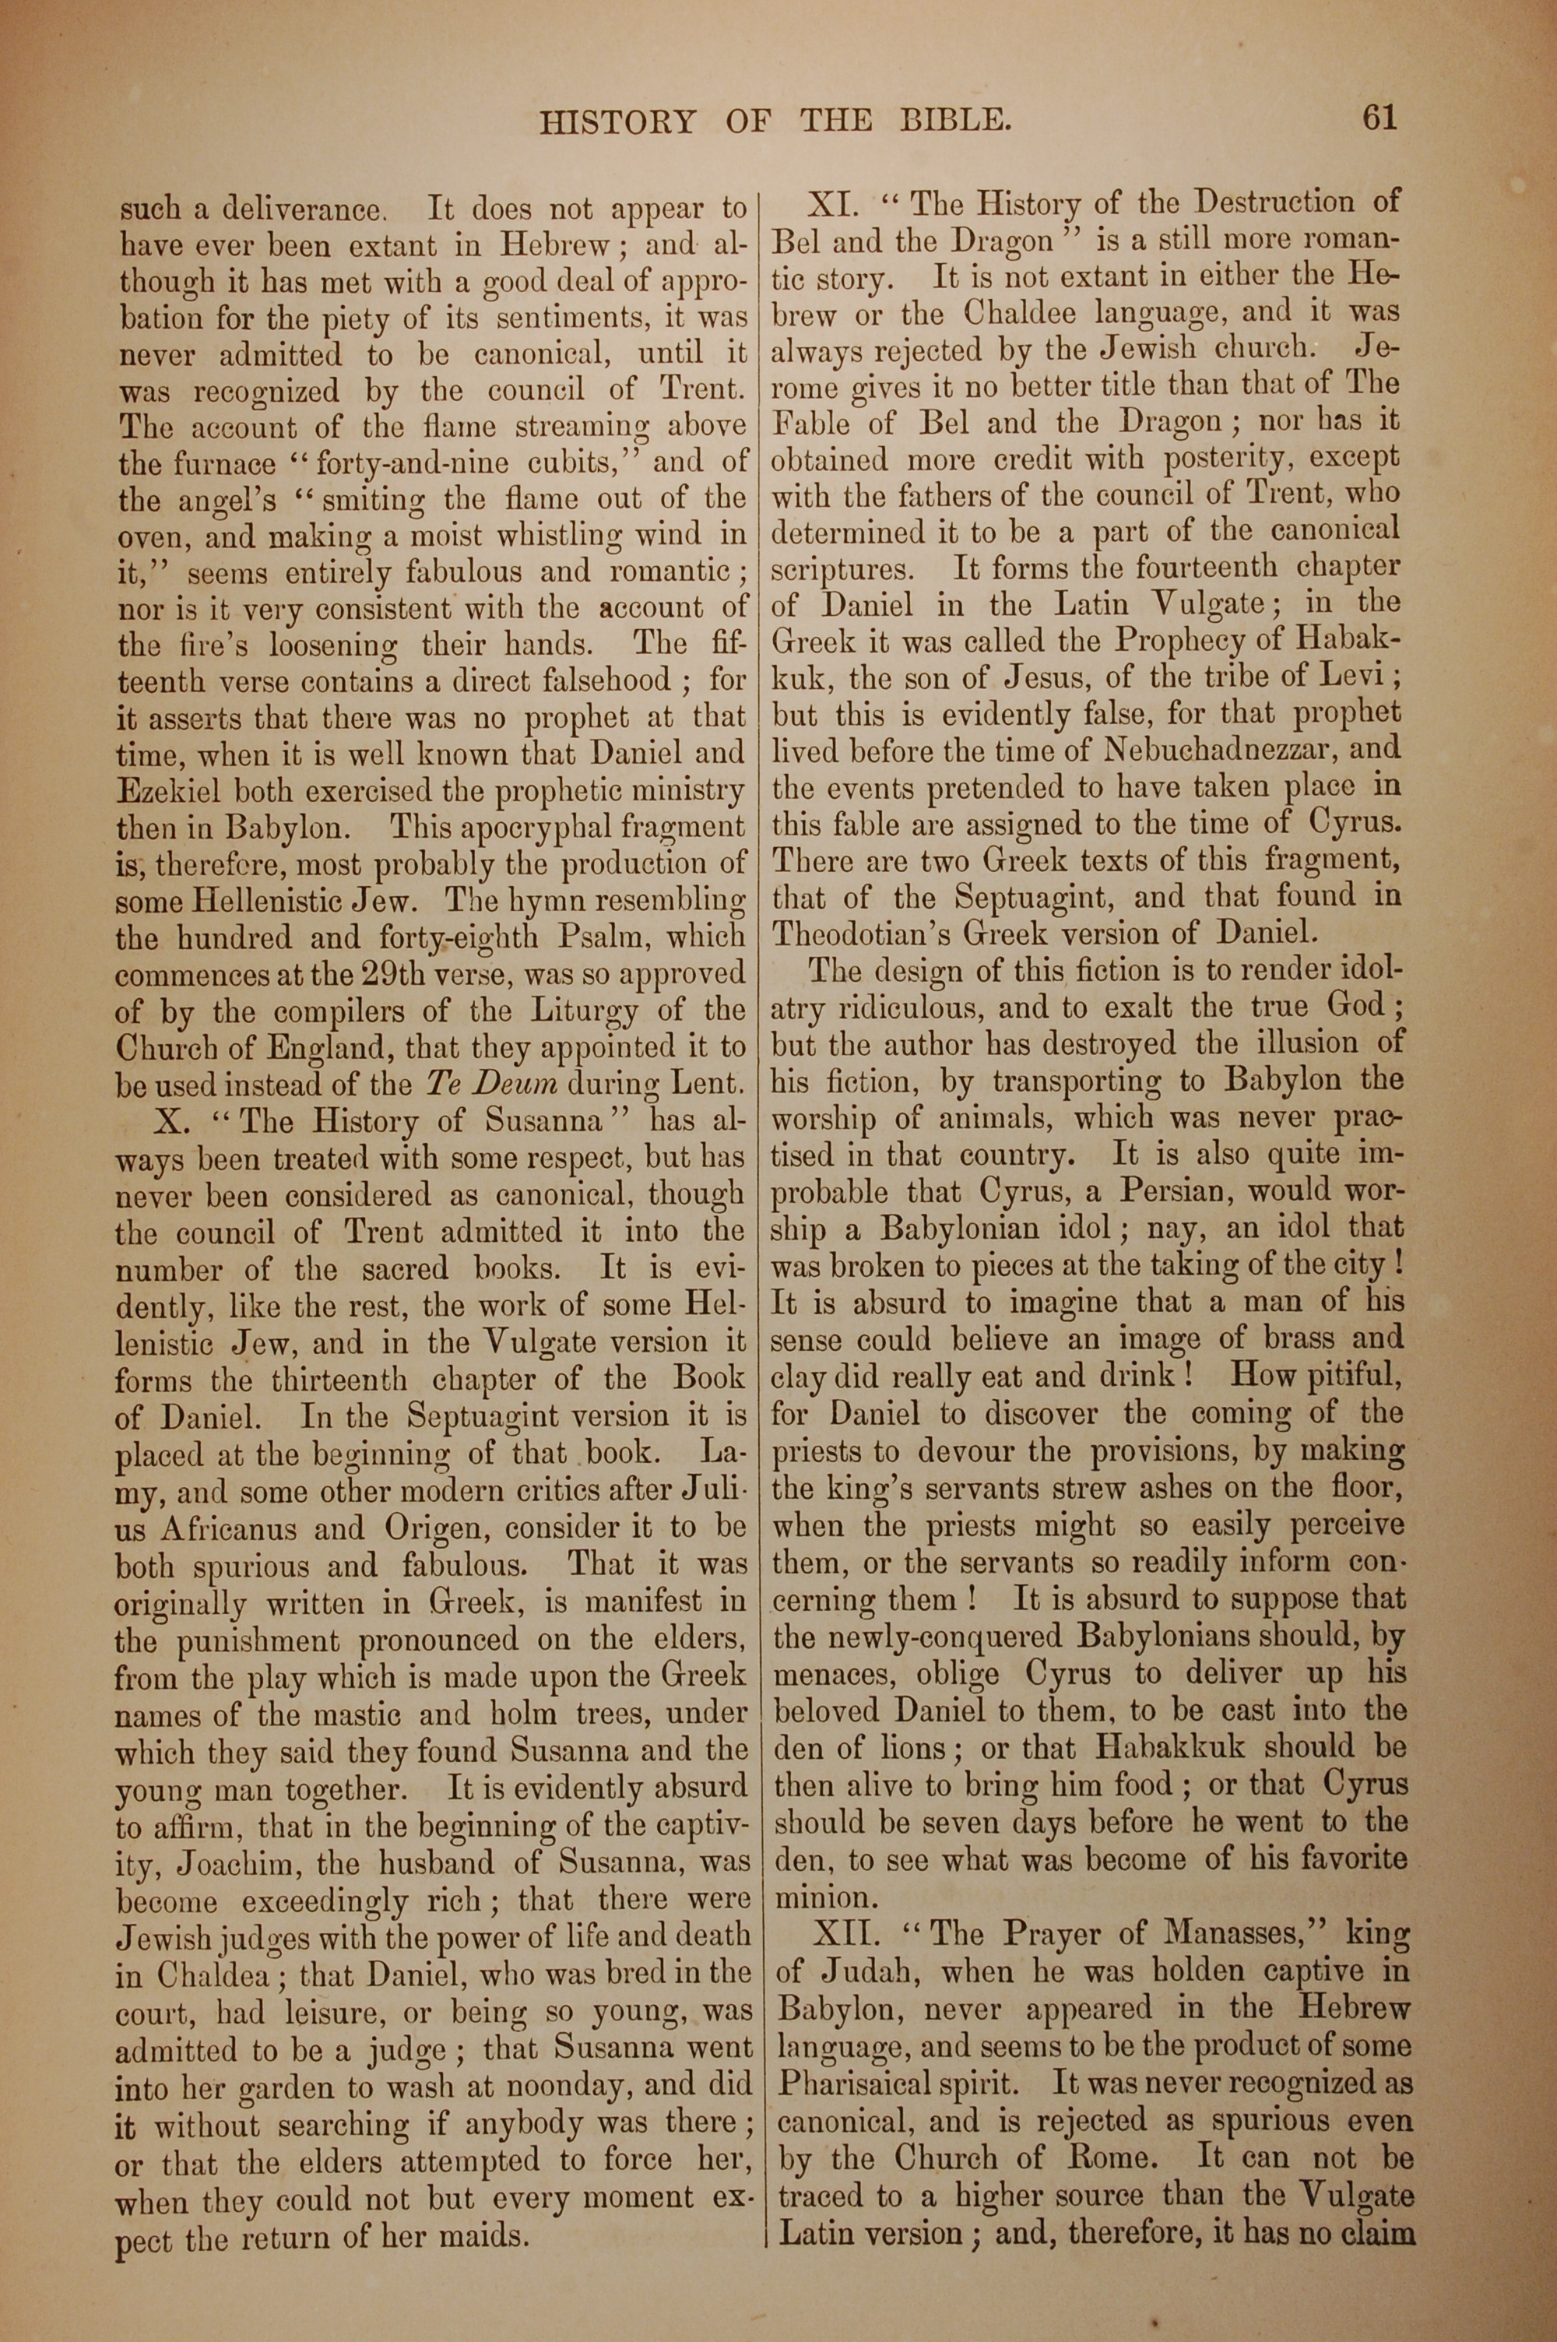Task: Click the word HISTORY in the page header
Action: pos(617,122)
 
